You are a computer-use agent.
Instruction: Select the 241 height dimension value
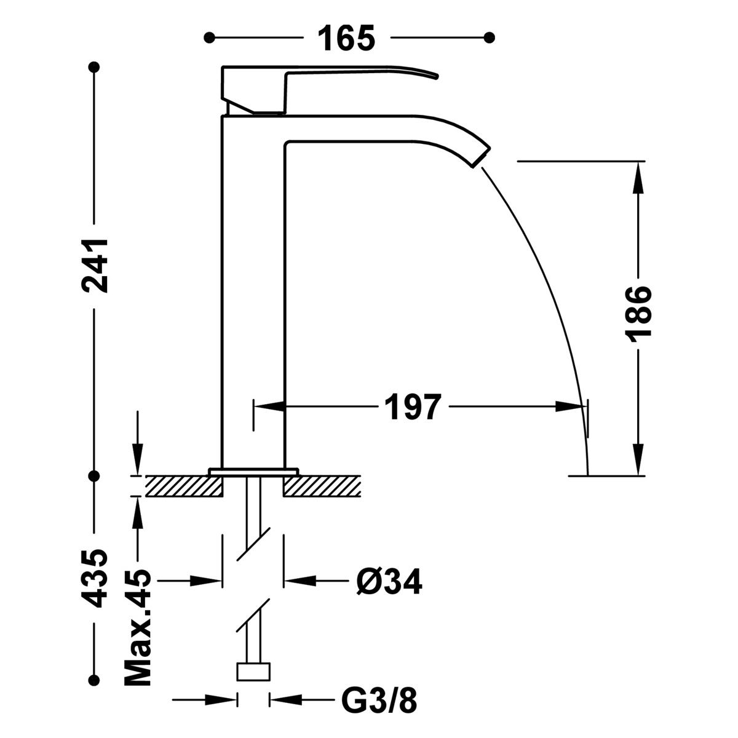pyautogui.click(x=95, y=266)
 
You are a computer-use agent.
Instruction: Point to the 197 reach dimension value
pyautogui.click(x=413, y=407)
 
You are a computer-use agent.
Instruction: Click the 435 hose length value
pyautogui.click(x=95, y=578)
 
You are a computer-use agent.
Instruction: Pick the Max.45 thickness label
pyautogui.click(x=138, y=629)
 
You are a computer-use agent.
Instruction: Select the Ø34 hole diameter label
pyautogui.click(x=389, y=581)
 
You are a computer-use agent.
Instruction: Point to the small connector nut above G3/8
pyautogui.click(x=253, y=672)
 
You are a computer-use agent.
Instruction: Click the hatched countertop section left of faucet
pyautogui.click(x=183, y=486)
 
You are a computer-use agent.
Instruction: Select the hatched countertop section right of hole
pyautogui.click(x=322, y=486)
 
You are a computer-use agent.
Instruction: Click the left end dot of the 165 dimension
pyautogui.click(x=210, y=38)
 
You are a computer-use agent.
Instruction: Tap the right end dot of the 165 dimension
pyautogui.click(x=490, y=38)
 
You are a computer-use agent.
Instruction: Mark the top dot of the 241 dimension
pyautogui.click(x=94, y=66)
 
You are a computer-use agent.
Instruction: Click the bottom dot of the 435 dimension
pyautogui.click(x=94, y=679)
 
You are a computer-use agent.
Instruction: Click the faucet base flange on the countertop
pyautogui.click(x=253, y=472)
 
